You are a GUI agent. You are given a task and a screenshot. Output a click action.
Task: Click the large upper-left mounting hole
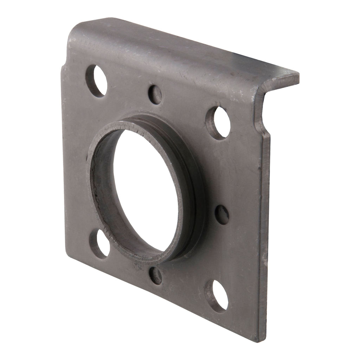pyautogui.click(x=96, y=81)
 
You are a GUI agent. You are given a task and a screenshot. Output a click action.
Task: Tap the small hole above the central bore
pyautogui.click(x=155, y=94)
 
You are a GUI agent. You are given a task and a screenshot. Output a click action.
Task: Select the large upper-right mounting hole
pyautogui.click(x=218, y=123)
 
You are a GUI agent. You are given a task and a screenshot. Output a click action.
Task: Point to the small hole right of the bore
pyautogui.click(x=222, y=214)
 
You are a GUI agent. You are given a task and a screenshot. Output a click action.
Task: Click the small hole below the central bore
pyautogui.click(x=155, y=275)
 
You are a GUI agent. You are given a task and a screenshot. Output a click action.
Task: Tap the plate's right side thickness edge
pyautogui.click(x=264, y=229)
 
